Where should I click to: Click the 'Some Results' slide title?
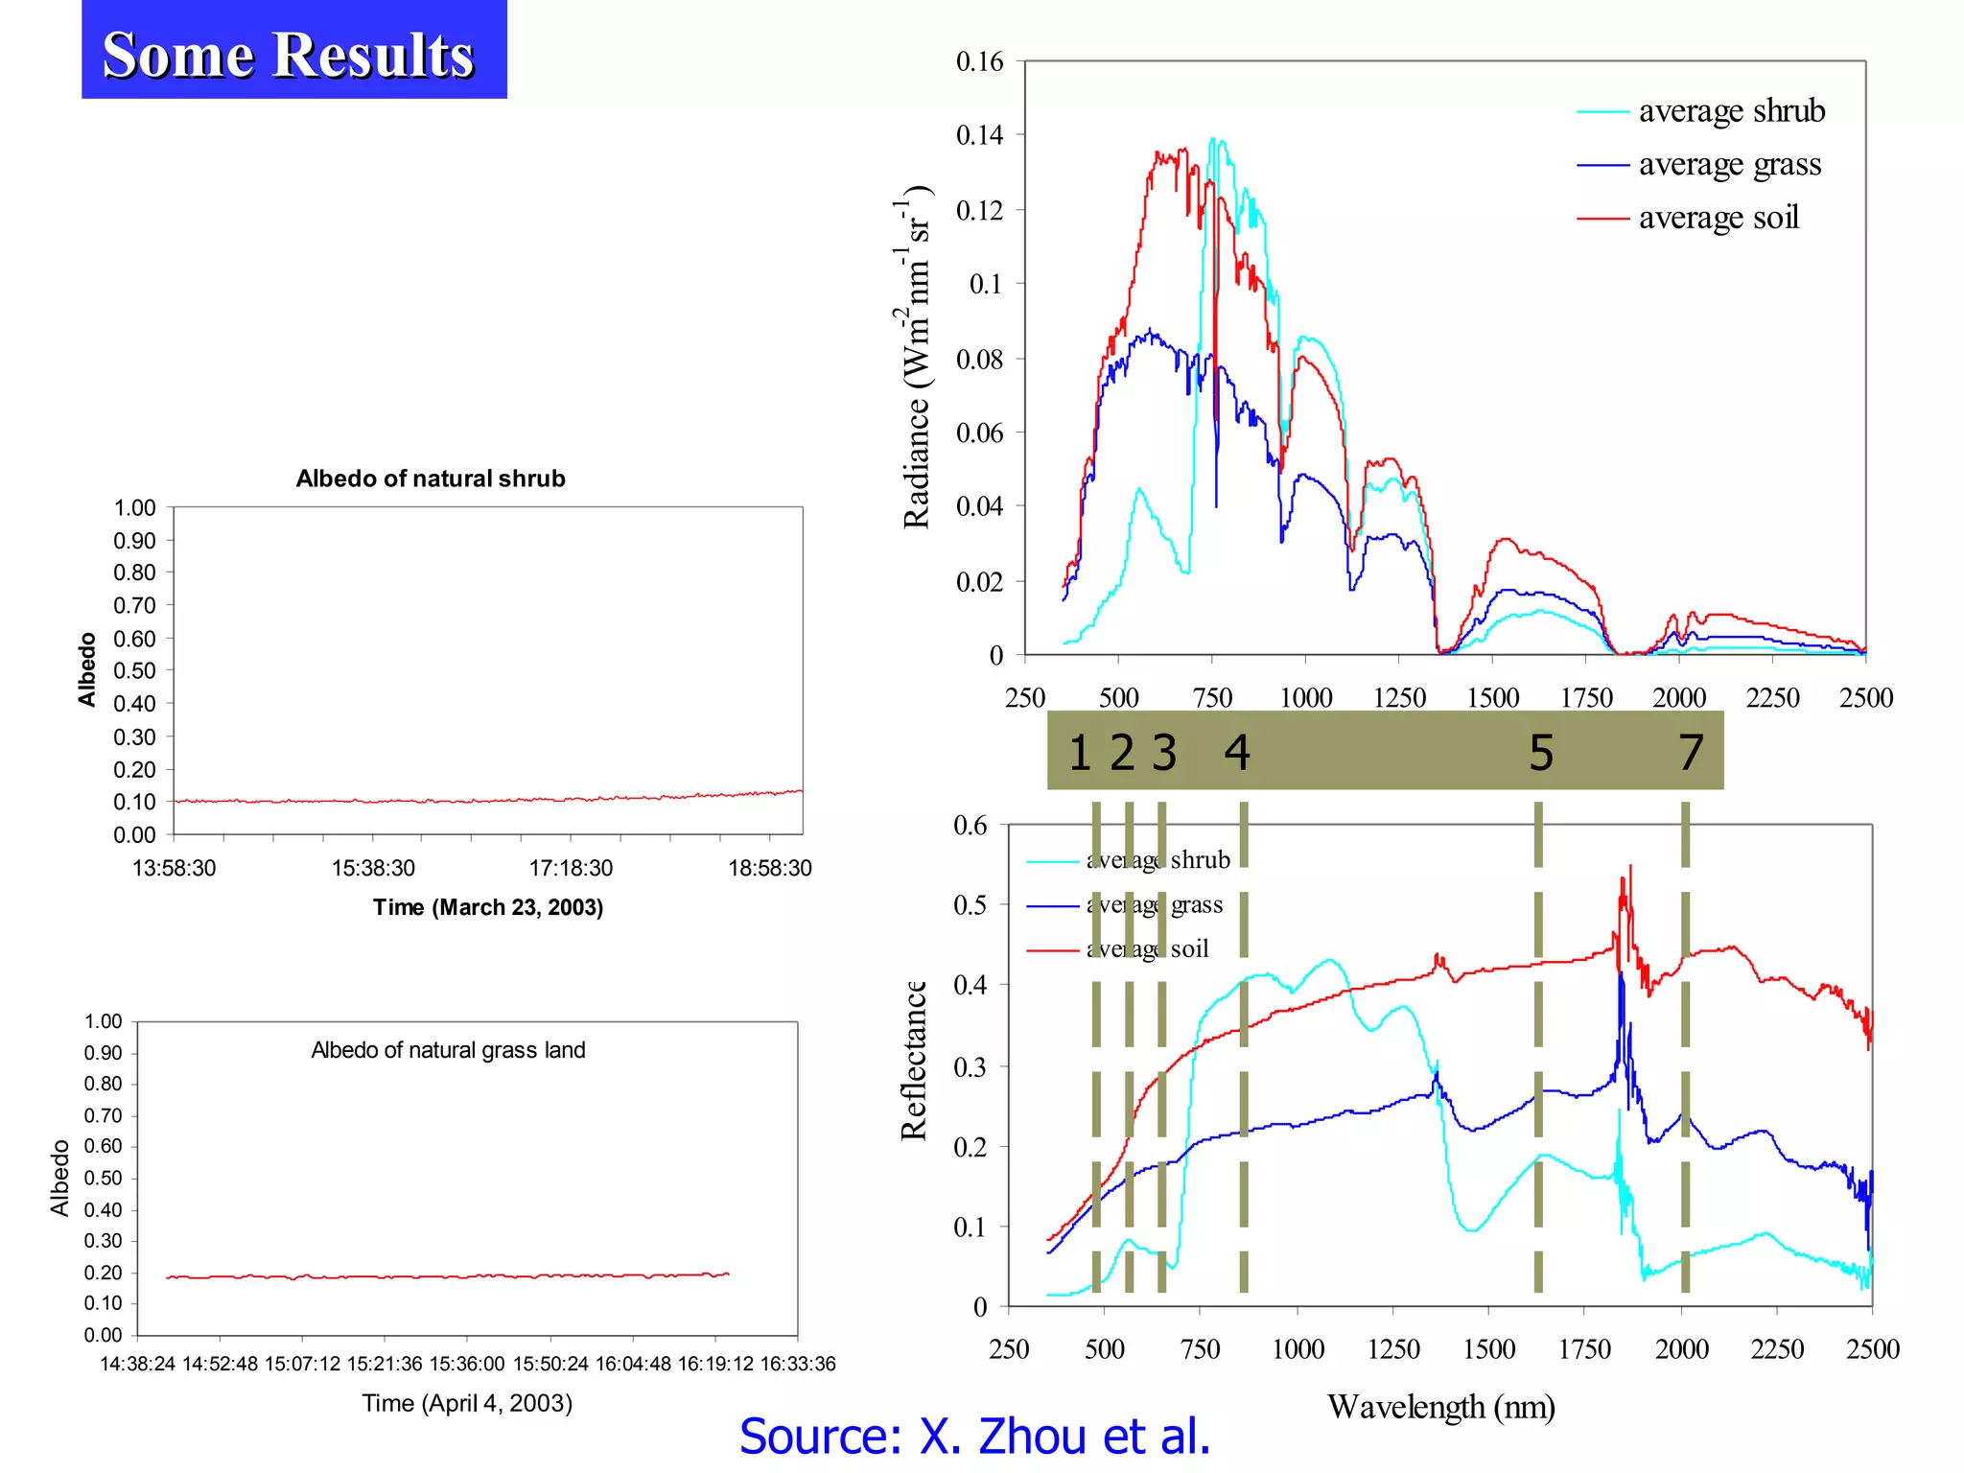click(x=289, y=54)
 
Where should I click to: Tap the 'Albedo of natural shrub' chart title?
click(x=430, y=479)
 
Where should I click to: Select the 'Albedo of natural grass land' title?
click(x=448, y=1050)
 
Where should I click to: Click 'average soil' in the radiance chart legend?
click(x=1718, y=218)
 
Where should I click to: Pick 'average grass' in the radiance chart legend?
click(x=1729, y=164)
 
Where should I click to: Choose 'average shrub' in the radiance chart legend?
click(x=1731, y=111)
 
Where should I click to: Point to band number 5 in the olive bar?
click(x=1540, y=753)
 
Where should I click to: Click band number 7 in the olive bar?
click(x=1691, y=753)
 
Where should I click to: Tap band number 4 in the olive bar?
click(x=1236, y=753)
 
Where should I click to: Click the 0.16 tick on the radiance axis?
click(x=979, y=62)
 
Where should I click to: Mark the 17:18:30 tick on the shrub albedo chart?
click(x=571, y=868)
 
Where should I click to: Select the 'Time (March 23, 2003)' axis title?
click(x=487, y=907)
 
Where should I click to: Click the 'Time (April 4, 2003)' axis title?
click(x=467, y=1403)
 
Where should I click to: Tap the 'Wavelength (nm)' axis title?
click(x=1440, y=1407)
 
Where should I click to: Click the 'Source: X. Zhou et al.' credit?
click(x=974, y=1437)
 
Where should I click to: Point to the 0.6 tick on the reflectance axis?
click(x=970, y=826)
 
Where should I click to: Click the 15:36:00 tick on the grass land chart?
click(x=467, y=1364)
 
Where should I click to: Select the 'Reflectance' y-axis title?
click(x=914, y=1061)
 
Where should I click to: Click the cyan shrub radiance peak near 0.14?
click(x=1213, y=142)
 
